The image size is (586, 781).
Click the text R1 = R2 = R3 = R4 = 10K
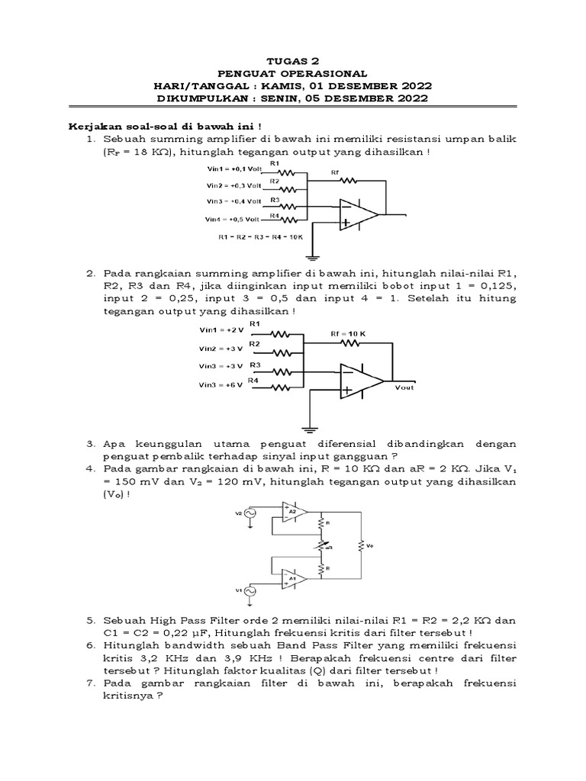coord(260,237)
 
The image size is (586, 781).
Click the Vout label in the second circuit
coord(406,387)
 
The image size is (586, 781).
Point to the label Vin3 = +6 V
coord(221,384)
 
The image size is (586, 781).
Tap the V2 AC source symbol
coord(250,514)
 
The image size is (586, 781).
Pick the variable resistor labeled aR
coord(321,546)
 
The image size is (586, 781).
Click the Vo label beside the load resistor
coord(372,546)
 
